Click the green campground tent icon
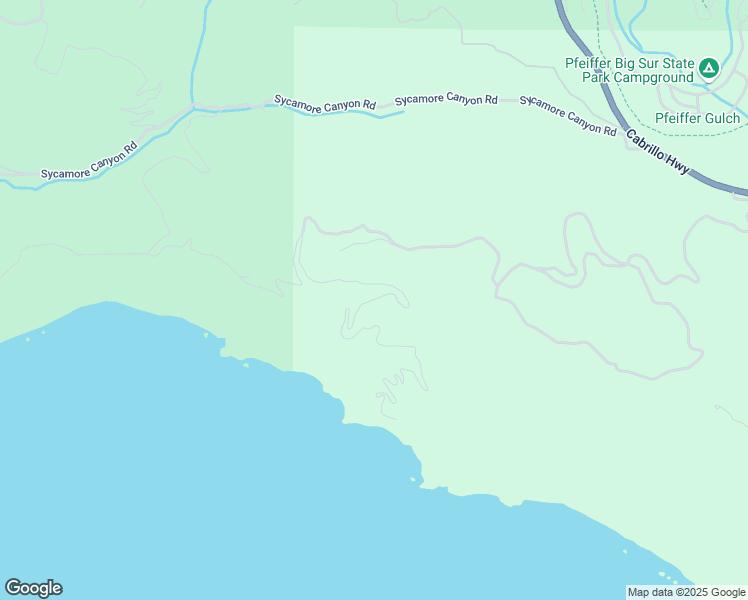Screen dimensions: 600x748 point(708,69)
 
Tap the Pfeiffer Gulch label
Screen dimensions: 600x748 point(697,118)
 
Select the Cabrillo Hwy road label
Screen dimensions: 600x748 point(658,153)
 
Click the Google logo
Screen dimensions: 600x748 point(33,588)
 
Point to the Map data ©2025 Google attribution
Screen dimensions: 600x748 point(686,592)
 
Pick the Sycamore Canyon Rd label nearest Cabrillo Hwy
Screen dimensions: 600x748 point(568,116)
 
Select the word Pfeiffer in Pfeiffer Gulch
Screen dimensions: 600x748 point(675,118)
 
